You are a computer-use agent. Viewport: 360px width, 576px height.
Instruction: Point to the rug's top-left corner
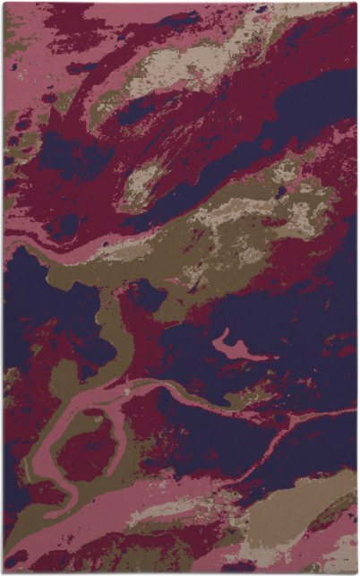4,3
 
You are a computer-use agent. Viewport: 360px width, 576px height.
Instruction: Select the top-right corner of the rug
356,3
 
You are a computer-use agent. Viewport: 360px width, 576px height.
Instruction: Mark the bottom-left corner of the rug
4,572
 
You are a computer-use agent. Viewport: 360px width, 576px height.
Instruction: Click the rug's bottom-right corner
356,572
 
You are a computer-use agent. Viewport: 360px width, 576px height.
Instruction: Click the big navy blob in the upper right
309,103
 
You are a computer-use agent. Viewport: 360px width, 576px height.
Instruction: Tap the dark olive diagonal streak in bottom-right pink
331,512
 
